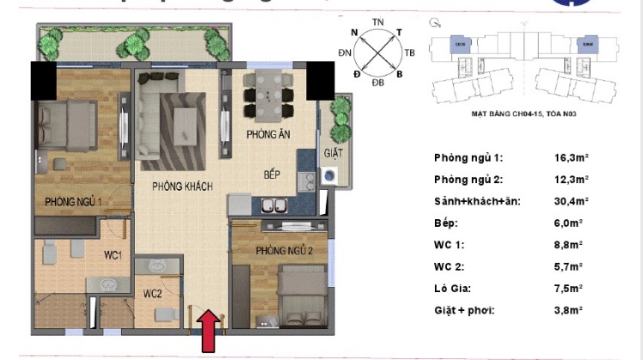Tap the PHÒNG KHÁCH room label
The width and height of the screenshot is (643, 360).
[182, 186]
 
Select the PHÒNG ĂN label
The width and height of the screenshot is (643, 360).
[266, 135]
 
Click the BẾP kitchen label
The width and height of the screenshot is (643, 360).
[273, 174]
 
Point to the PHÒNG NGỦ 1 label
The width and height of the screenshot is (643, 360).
[74, 202]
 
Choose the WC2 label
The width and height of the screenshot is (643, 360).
[153, 294]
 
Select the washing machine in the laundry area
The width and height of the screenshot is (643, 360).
[331, 174]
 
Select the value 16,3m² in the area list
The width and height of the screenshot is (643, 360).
[572, 158]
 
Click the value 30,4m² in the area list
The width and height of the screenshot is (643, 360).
[572, 201]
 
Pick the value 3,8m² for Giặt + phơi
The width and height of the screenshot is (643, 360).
[569, 309]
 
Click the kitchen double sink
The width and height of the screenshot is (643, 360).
[274, 206]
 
